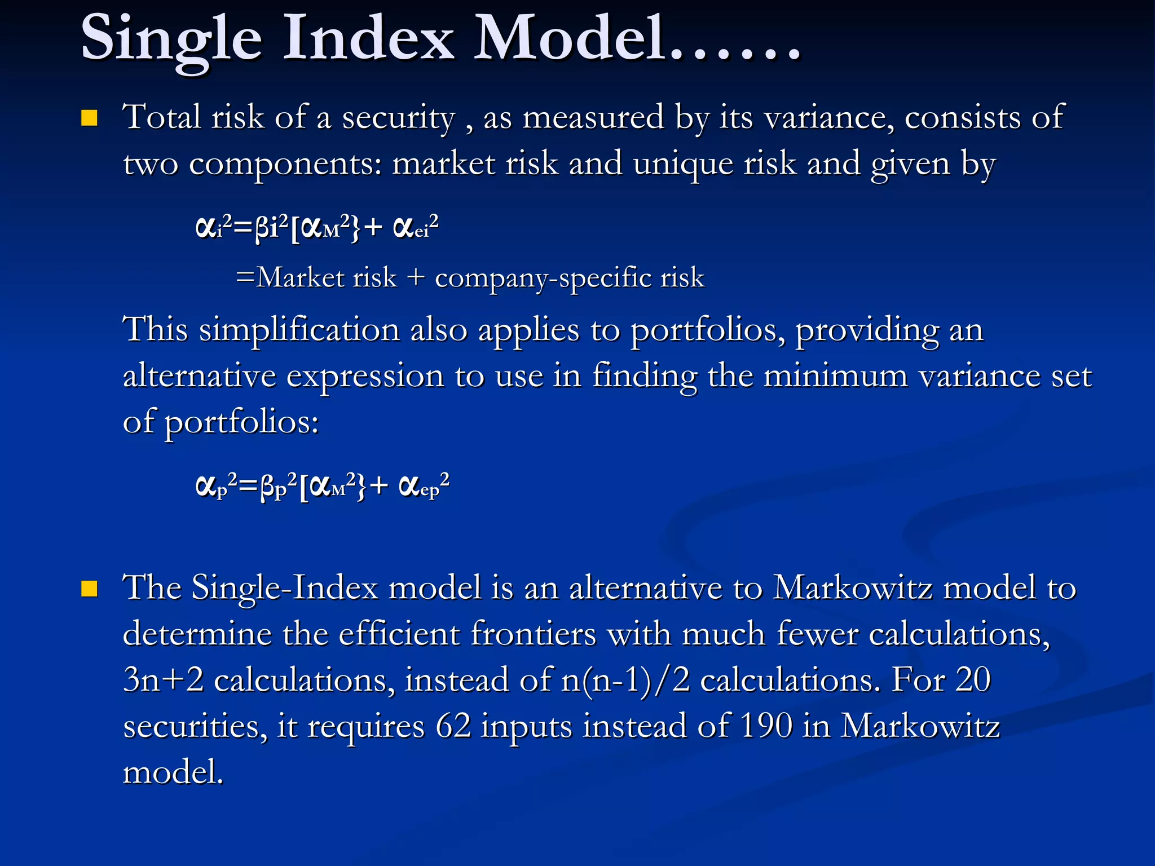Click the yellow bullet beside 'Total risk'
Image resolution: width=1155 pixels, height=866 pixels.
point(89,118)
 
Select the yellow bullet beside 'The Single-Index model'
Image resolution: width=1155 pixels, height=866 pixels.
point(89,589)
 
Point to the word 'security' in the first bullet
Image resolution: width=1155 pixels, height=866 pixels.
point(398,118)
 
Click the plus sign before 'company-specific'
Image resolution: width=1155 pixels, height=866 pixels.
point(416,278)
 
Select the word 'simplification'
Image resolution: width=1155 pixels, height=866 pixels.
point(299,330)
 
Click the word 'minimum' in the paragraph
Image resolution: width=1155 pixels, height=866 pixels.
point(836,376)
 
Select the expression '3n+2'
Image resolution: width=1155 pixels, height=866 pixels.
point(163,680)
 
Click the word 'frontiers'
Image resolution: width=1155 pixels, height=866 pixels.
point(534,634)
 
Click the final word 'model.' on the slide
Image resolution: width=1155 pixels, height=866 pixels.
point(173,772)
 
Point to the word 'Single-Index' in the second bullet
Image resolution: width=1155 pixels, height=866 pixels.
point(285,589)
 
